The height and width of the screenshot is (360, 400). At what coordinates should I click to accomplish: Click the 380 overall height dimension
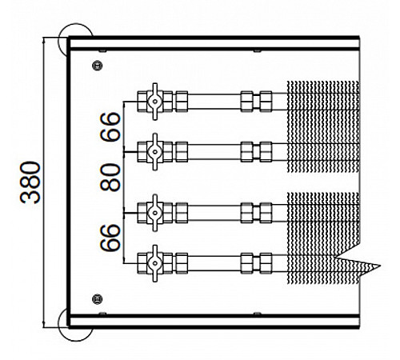click(30, 182)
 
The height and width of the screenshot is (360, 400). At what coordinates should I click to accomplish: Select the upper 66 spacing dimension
click(110, 126)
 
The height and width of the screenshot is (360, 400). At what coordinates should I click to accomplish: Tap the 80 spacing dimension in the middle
click(110, 178)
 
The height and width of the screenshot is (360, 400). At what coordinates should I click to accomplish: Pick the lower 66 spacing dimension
click(110, 238)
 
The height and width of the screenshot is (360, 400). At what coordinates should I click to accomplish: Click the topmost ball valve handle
click(155, 102)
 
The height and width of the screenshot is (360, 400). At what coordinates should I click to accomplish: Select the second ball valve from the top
click(155, 152)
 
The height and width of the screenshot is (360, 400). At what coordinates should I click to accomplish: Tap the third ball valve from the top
click(155, 213)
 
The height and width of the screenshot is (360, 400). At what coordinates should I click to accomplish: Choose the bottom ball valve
click(155, 263)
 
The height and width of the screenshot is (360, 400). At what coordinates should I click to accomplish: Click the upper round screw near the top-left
click(98, 66)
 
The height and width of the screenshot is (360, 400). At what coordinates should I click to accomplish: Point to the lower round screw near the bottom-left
click(98, 299)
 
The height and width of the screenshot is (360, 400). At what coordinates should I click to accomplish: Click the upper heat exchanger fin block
click(323, 126)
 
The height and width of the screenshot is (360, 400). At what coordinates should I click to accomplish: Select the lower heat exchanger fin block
click(323, 238)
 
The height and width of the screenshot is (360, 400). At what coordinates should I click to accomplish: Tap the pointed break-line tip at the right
click(380, 266)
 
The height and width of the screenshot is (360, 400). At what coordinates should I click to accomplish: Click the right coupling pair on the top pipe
click(256, 102)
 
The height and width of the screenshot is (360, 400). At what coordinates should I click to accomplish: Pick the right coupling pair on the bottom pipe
click(256, 263)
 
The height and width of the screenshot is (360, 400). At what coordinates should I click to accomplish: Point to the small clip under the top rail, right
click(257, 50)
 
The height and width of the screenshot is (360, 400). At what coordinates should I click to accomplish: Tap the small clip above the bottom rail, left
click(102, 314)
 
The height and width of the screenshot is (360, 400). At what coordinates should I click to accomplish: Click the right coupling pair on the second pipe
click(256, 152)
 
